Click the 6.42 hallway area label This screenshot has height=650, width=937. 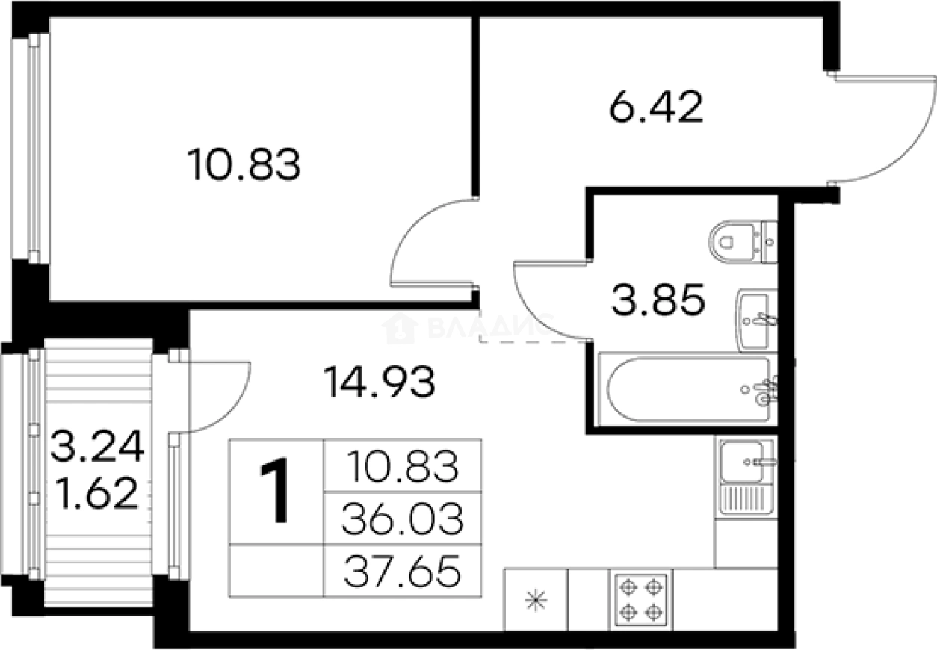coord(656,109)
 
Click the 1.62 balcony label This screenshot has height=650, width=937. coord(96,493)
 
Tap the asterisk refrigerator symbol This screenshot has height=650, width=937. coord(536,600)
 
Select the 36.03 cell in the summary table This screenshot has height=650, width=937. coord(401,518)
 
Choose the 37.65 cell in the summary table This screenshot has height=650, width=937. coord(401,572)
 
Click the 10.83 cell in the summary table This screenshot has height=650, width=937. coord(401,466)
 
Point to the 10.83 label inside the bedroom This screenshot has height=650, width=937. coord(244,165)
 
